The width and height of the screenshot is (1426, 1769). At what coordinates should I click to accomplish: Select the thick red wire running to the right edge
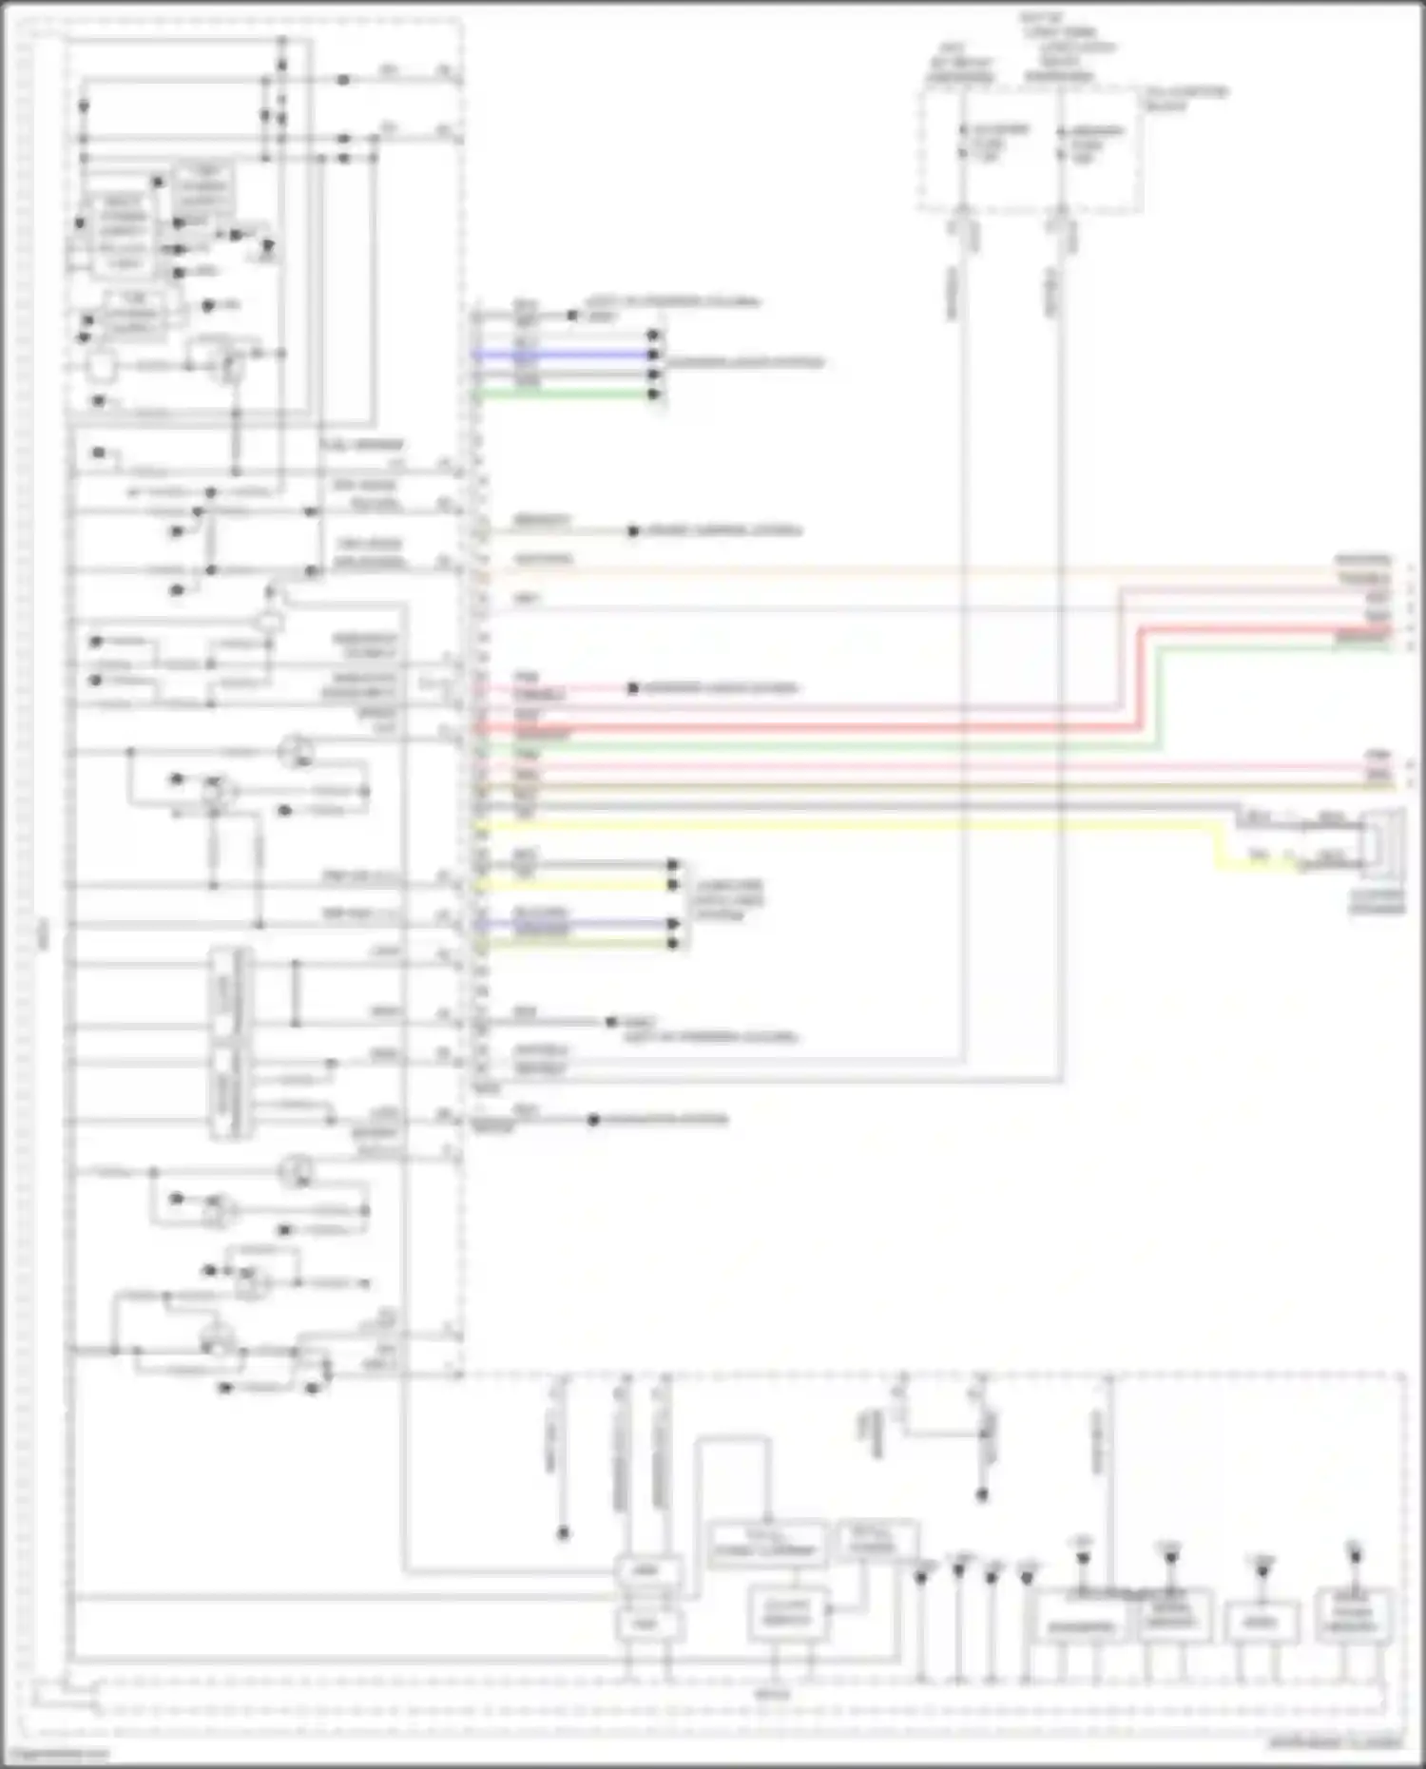point(808,727)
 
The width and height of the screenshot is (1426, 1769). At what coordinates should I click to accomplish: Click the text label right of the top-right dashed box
point(1185,98)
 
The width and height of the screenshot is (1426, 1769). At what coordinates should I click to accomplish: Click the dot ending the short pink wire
point(633,688)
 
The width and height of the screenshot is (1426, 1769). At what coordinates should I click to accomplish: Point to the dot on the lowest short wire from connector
point(593,1120)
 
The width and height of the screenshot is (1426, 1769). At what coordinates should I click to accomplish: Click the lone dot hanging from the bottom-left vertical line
point(563,1532)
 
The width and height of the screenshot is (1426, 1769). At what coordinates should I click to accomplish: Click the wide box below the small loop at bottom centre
point(766,1544)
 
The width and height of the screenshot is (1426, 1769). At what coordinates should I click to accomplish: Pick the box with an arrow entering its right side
point(787,1613)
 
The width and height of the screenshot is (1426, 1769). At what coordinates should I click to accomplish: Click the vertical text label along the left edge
point(42,936)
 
